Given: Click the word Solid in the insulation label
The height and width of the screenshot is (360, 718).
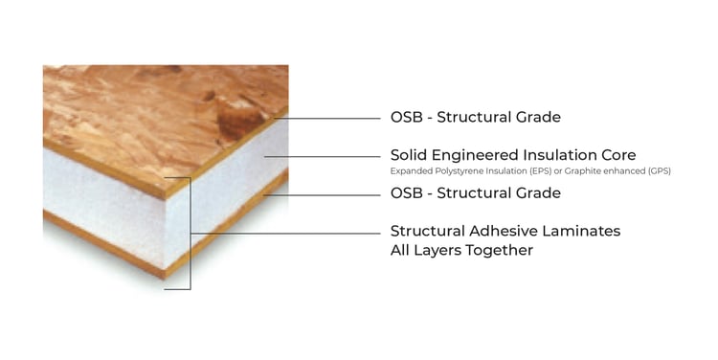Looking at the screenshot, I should pos(410,155).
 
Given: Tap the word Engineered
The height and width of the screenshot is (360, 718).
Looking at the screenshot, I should pos(480,155).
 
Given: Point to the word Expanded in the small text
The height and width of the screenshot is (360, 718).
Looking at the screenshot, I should pos(408,171).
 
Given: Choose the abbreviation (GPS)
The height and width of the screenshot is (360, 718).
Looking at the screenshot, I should pos(658,171).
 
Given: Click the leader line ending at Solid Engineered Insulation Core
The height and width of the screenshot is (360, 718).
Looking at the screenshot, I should pos(325,157).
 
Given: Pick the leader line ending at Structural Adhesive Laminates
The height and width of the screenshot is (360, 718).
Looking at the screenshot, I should pos(287,234).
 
